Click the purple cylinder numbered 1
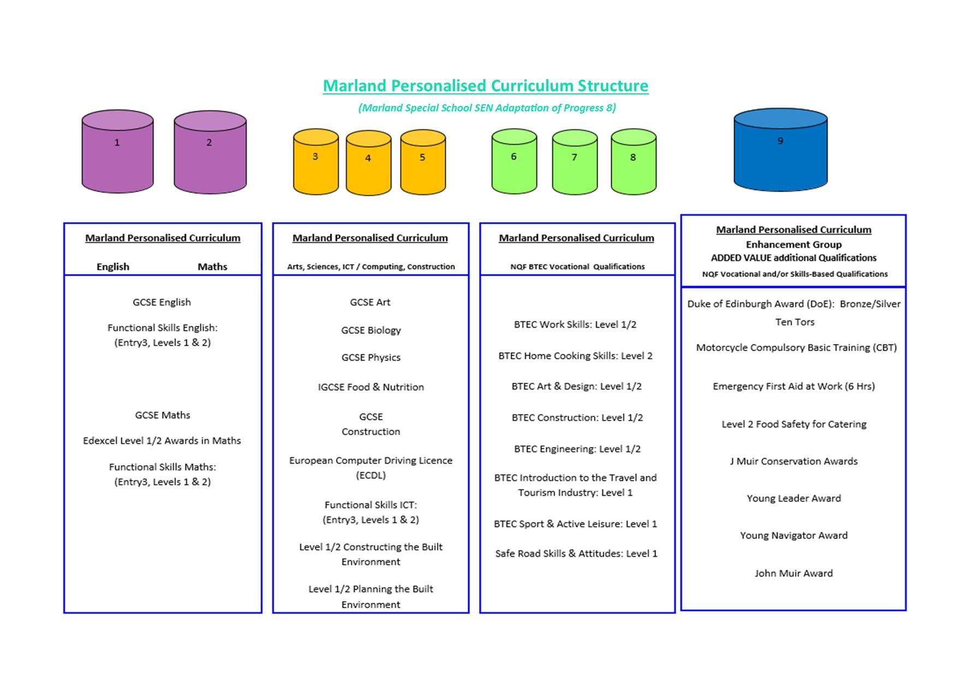(117, 151)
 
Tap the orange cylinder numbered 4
(369, 162)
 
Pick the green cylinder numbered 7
(575, 162)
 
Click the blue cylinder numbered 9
(780, 150)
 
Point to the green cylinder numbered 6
(514, 161)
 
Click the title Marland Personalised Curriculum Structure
(486, 86)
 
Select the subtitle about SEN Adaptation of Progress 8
(487, 108)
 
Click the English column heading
(113, 266)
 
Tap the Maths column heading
(212, 266)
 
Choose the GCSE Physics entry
(371, 358)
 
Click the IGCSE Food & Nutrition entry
(371, 387)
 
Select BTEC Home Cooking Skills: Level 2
(575, 356)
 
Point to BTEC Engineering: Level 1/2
(577, 449)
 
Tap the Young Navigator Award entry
(794, 536)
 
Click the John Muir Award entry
(794, 573)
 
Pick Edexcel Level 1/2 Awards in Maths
(162, 441)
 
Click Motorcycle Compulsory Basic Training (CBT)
(796, 348)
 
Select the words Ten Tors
(795, 322)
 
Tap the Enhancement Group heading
(794, 245)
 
